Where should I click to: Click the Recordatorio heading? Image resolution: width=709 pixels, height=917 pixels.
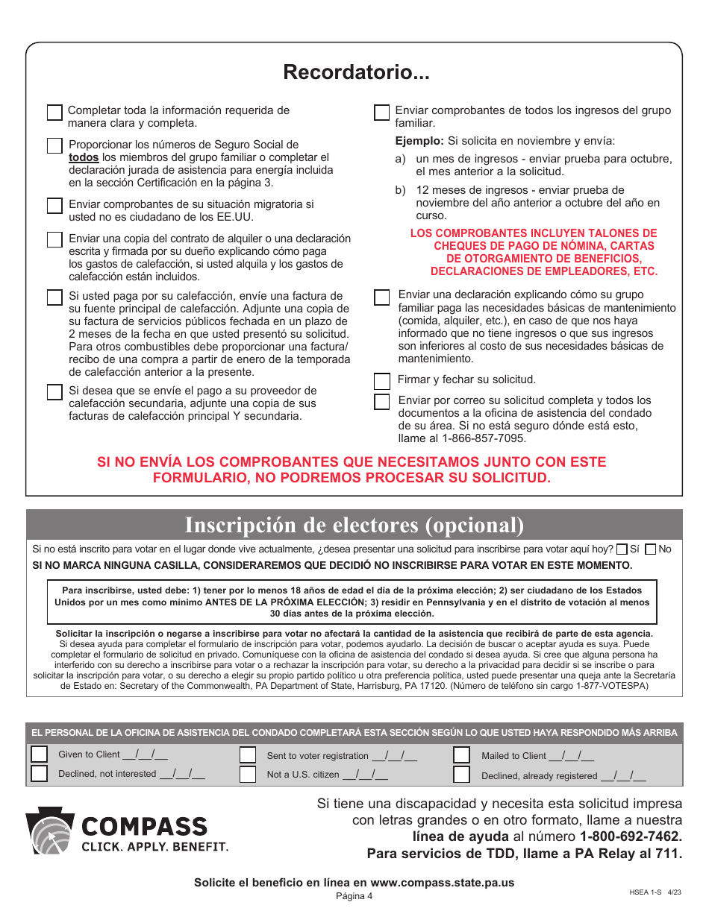click(356, 72)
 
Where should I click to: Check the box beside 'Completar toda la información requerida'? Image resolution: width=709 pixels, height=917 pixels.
click(54, 113)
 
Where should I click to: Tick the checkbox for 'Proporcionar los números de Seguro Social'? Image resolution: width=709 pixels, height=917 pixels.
click(54, 146)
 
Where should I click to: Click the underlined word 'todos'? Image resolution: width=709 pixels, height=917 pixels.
click(84, 158)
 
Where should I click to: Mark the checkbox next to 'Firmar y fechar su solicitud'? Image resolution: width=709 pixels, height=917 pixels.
click(381, 382)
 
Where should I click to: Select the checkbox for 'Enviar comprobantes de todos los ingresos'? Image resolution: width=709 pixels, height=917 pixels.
click(381, 113)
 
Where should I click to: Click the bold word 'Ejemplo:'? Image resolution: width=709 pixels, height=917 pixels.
click(419, 141)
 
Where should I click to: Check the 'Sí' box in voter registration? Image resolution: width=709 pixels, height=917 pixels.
click(622, 549)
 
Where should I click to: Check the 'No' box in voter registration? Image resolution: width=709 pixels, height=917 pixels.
click(650, 549)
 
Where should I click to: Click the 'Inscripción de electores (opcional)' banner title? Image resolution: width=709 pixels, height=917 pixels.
click(354, 525)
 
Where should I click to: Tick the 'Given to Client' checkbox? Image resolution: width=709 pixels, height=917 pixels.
click(39, 754)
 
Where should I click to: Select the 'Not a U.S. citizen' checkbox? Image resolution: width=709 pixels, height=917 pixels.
click(248, 775)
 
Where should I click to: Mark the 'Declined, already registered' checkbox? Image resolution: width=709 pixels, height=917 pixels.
click(462, 775)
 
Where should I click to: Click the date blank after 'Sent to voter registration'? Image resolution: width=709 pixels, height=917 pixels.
click(394, 756)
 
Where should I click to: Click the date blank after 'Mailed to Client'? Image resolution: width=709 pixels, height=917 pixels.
click(571, 756)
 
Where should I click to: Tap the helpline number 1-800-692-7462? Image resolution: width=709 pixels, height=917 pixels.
click(631, 836)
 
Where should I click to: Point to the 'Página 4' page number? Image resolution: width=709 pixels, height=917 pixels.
click(354, 896)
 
